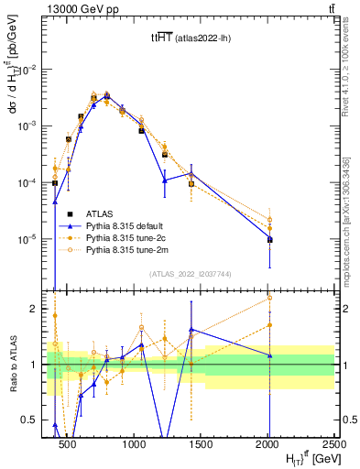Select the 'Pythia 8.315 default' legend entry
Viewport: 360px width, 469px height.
(x=134, y=224)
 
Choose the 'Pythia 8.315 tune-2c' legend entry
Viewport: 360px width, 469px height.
(x=134, y=236)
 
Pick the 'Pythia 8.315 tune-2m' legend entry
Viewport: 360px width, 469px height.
(x=134, y=248)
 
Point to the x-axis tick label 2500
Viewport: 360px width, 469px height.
(x=334, y=444)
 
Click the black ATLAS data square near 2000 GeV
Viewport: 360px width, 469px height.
(x=269, y=240)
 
